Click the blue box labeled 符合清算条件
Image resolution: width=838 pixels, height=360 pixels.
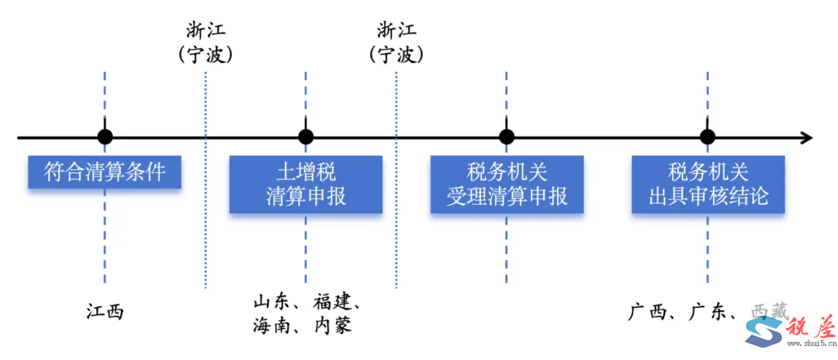coord(105,171)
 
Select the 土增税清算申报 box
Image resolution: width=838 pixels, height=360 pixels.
coord(306,184)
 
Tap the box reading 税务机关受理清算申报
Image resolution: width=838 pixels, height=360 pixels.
coord(507,184)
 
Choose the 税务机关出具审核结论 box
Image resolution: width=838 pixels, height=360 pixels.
coord(708,184)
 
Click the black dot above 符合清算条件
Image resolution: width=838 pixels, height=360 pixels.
coord(105,137)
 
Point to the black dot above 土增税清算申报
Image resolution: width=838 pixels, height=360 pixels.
coord(306,137)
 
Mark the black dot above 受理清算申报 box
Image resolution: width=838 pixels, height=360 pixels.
coord(507,137)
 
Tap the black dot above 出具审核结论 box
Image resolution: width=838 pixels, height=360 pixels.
coord(708,137)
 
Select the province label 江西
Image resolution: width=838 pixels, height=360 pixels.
coord(105,312)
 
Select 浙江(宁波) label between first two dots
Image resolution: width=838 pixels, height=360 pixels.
coord(206,43)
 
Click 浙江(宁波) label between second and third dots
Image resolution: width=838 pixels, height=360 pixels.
coord(396,43)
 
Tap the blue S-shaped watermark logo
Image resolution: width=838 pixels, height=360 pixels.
coord(764,334)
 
